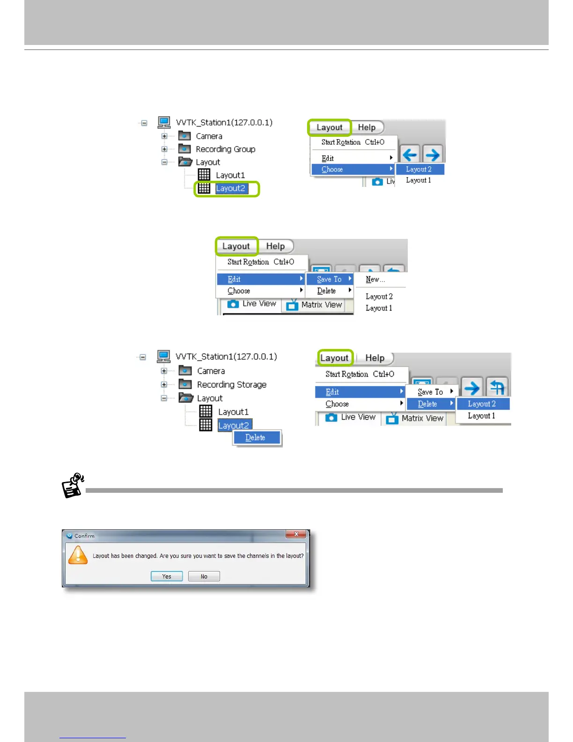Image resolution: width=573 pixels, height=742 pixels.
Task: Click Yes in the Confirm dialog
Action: (x=167, y=576)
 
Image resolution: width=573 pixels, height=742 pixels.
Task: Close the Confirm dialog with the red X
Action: (x=296, y=534)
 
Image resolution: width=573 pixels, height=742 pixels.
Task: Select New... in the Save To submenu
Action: (x=375, y=279)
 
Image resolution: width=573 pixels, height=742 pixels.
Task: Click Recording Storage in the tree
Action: (x=231, y=385)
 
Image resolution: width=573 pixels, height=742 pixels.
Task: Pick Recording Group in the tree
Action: (x=225, y=149)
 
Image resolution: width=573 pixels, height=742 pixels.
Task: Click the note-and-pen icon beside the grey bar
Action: (x=73, y=485)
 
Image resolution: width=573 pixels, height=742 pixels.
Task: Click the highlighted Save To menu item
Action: (x=329, y=279)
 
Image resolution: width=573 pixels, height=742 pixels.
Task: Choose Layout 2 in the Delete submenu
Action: (x=482, y=404)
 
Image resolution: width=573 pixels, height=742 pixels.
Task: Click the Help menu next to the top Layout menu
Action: (x=367, y=127)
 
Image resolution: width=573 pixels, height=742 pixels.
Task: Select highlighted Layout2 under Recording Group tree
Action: (x=230, y=188)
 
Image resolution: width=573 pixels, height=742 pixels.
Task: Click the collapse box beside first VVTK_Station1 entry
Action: (x=144, y=123)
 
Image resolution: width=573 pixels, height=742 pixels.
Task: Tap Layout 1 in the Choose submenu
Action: (x=418, y=180)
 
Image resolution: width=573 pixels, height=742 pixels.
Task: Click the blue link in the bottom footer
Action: (x=93, y=736)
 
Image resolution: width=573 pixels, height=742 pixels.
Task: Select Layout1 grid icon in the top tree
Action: (x=204, y=175)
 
